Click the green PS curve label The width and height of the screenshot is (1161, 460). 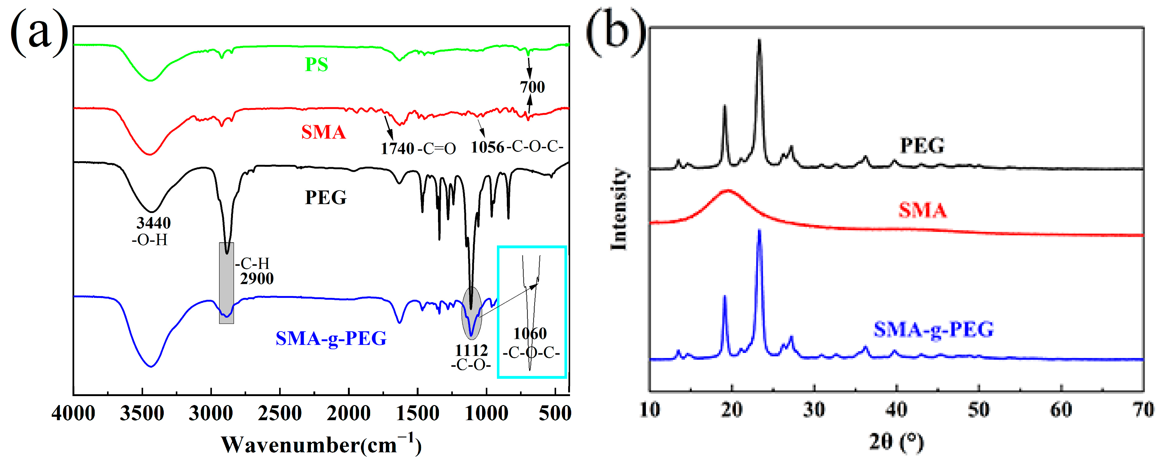click(316, 65)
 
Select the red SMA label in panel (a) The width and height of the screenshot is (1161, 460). click(324, 132)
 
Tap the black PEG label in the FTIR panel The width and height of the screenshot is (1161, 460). click(326, 198)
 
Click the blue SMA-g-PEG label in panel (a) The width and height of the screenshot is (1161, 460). click(331, 338)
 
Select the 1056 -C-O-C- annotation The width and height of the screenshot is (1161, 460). click(517, 147)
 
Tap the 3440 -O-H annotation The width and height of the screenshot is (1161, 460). click(152, 230)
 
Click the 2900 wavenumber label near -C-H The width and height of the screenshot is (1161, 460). click(256, 279)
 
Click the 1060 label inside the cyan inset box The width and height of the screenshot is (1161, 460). click(530, 334)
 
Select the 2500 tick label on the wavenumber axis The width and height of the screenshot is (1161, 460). click(279, 413)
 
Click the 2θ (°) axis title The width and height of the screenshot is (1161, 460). click(896, 442)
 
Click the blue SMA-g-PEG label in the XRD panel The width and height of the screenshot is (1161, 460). click(933, 330)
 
